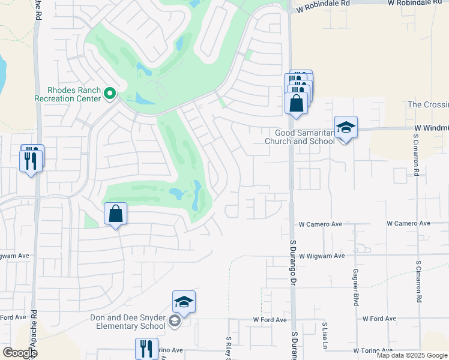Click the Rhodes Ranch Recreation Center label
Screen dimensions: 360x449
[x=67, y=94]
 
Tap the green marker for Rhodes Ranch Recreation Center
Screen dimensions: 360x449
[x=110, y=93]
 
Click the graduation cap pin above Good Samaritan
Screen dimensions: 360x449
[x=346, y=128]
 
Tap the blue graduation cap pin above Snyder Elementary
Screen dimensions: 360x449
[x=184, y=302]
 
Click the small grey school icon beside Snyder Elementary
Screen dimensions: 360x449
[x=174, y=322]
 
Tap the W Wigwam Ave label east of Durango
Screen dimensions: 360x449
[x=322, y=256]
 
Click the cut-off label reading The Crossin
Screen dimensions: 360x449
[x=427, y=104]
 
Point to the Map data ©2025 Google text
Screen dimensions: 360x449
[x=412, y=355]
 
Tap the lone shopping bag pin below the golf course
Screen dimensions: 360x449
[x=115, y=214]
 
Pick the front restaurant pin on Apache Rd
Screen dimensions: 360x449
[x=31, y=161]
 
